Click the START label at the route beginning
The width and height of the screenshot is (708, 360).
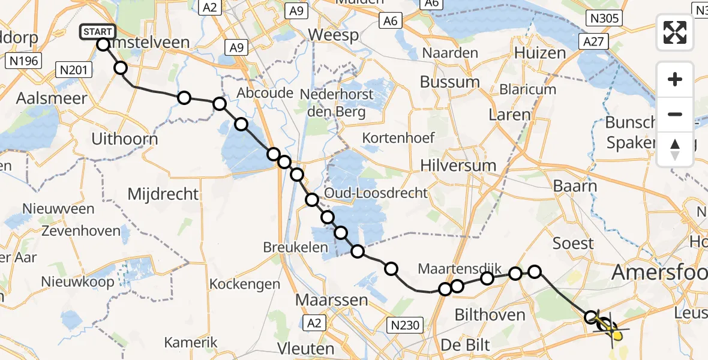pos(97,31)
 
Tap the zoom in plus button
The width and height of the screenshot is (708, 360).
pos(675,80)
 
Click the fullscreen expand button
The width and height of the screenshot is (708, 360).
pos(675,32)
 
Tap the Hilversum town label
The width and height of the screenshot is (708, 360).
pos(458,166)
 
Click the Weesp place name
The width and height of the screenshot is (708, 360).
pos(333,35)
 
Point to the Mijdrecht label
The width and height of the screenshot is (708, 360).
pos(163,194)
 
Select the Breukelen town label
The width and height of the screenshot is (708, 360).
pos(295,247)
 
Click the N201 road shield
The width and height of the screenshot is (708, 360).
pos(74,70)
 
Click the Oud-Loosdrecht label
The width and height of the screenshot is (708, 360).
pos(376,193)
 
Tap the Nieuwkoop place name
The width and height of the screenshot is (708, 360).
pos(70,281)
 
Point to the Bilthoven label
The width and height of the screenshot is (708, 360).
pos(490,314)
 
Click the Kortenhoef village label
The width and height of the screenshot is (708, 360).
pos(398,138)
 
